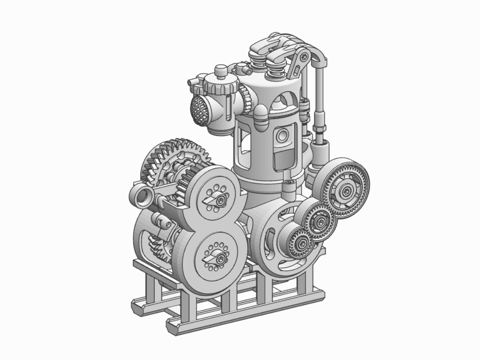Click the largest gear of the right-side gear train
pos(346,190)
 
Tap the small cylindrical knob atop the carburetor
pos(221,71)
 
